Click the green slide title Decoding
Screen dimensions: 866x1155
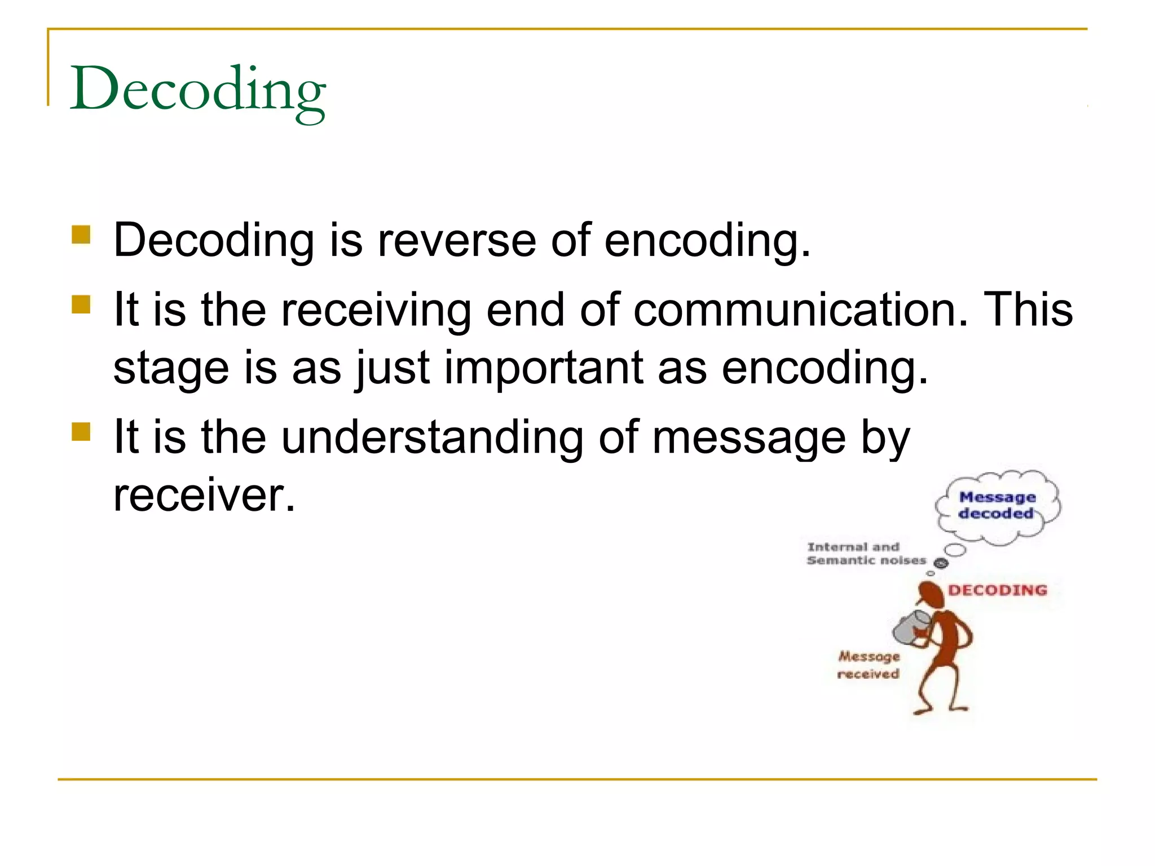click(x=197, y=90)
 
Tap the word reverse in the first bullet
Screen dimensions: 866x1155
click(x=456, y=241)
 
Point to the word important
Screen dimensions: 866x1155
click(x=543, y=368)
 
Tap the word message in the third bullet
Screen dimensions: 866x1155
click(x=749, y=438)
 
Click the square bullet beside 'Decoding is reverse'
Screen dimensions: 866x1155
click(x=81, y=235)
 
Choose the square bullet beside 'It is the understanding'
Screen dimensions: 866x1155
click(x=81, y=432)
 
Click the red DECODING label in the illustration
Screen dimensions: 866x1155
click(x=997, y=590)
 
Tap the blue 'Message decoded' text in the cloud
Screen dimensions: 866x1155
click(x=997, y=505)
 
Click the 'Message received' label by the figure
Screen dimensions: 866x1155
click(x=869, y=665)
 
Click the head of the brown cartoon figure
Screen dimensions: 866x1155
click(x=931, y=595)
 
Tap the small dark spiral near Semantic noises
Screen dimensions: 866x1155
click(x=941, y=563)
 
